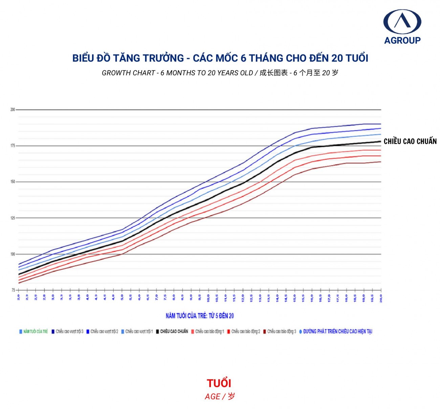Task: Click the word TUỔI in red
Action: click(219, 383)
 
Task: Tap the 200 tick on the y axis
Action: click(13, 110)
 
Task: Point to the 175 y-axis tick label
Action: click(13, 146)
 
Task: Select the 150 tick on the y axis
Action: click(13, 182)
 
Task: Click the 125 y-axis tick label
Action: click(13, 218)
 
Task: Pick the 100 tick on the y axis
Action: click(13, 254)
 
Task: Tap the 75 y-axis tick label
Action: click(13, 290)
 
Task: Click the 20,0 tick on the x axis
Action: click(381, 298)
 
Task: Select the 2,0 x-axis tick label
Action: click(19, 297)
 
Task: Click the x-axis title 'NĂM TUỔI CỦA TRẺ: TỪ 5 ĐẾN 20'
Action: click(200, 316)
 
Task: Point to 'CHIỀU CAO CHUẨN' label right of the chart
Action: click(410, 142)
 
